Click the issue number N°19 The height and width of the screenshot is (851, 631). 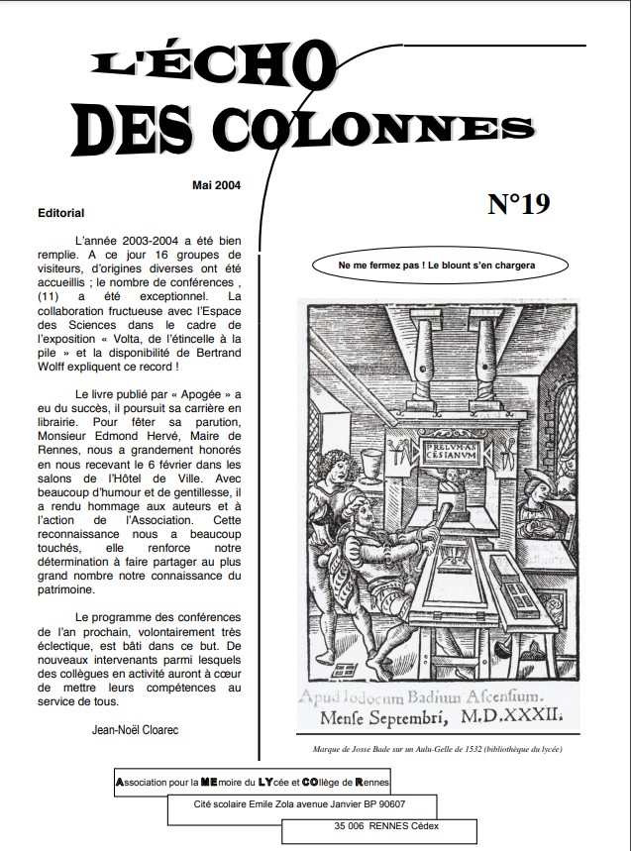pos(518,204)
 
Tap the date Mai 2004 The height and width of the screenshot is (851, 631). pos(216,185)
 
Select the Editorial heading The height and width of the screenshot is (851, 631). pos(61,213)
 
